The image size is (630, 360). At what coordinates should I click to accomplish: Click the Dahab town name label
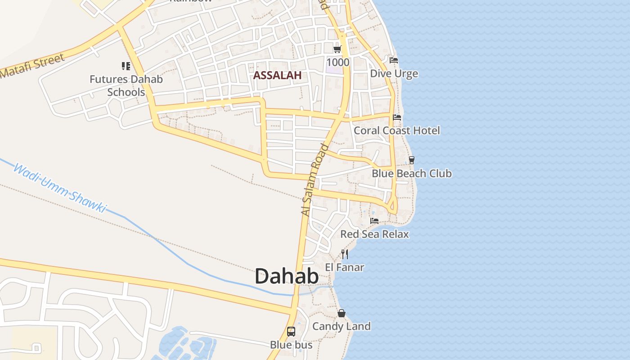click(287, 276)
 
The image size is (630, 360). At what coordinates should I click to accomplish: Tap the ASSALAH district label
click(277, 75)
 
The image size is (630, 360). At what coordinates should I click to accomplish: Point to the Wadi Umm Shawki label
click(60, 188)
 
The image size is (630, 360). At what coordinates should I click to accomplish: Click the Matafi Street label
click(32, 66)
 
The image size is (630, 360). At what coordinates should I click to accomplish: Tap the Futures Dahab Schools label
click(126, 85)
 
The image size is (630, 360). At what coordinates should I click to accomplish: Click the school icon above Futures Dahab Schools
click(126, 67)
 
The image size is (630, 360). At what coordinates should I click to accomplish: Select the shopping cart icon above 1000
click(337, 49)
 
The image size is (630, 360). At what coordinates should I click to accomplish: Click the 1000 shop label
click(337, 62)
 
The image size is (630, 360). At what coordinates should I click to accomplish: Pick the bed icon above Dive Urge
click(394, 60)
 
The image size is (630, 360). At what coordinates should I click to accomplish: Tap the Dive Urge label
click(394, 73)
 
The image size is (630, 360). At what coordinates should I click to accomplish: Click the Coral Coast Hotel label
click(397, 130)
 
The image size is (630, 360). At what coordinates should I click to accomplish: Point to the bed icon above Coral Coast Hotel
click(397, 117)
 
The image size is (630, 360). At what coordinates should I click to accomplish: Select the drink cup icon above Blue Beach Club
click(411, 160)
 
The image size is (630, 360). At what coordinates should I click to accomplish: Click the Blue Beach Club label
click(411, 173)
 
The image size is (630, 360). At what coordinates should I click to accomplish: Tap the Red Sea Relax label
click(374, 234)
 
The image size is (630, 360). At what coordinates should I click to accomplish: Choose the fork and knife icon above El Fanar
click(345, 254)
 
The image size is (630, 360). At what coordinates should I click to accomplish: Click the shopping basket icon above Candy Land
click(342, 313)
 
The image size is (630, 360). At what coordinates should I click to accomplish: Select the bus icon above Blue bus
click(291, 332)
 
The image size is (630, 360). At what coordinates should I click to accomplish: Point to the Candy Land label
click(342, 326)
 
